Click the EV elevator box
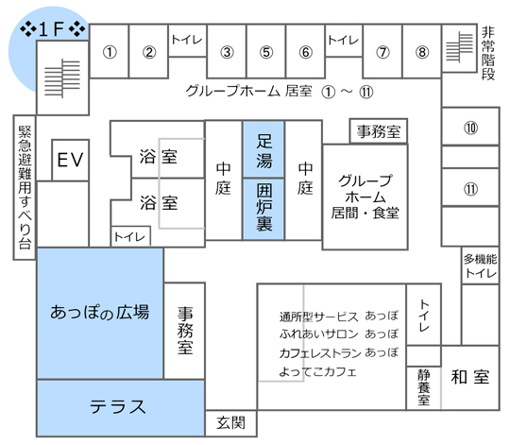70,160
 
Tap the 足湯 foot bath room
263,149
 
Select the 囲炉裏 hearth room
263,209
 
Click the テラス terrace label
117,407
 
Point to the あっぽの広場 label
100,313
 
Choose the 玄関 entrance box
231,423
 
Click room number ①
110,52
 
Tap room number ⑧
422,52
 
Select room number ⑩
470,128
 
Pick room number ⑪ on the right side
470,189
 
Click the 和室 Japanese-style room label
470,377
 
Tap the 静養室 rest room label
424,387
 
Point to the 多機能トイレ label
481,265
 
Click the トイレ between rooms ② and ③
187,40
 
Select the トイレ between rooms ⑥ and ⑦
343,40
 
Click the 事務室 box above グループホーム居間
379,131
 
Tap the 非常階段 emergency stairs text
488,54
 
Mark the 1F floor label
52,29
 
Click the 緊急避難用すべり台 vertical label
25,188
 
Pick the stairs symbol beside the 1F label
62,78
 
